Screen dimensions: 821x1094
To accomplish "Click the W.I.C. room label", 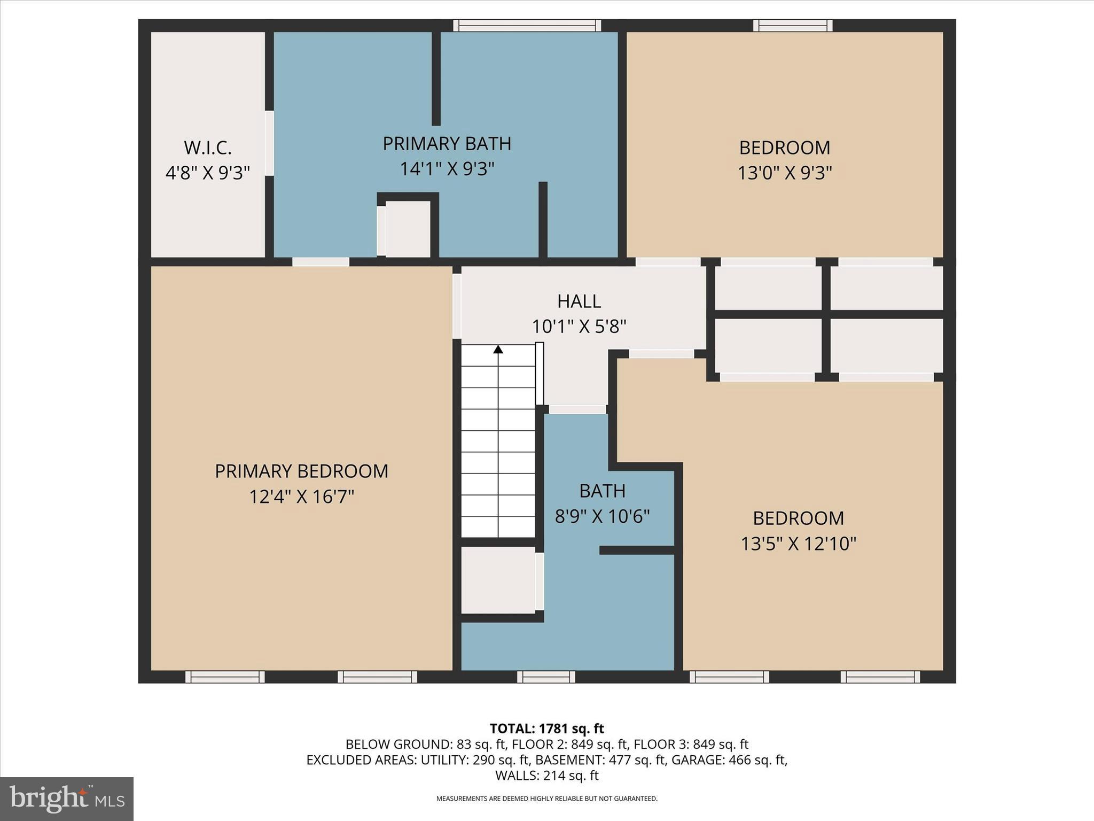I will [207, 148].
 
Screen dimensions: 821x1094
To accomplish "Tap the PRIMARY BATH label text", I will [447, 144].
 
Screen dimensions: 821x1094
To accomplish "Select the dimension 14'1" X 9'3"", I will [447, 169].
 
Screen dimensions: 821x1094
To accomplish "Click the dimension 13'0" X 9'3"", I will [784, 173].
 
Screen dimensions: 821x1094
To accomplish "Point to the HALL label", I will [579, 301].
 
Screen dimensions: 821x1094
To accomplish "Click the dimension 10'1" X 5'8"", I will [579, 327].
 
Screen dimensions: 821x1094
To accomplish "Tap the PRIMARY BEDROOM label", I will [301, 471].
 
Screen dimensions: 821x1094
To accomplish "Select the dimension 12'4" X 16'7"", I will [301, 497].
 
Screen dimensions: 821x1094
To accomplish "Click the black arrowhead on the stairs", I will [498, 350].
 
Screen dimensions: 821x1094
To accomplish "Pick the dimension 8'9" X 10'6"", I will [602, 516].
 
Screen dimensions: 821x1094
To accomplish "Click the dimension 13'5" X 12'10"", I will [798, 544].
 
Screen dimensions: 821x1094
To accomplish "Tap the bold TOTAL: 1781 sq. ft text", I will [546, 729].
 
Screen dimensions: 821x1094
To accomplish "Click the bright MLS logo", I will [67, 799].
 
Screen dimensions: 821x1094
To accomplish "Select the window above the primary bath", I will [527, 26].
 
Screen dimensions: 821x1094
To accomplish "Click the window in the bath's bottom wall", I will [545, 677].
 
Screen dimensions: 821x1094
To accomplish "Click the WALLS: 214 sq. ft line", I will [546, 775].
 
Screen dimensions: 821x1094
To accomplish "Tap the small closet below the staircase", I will [498, 580].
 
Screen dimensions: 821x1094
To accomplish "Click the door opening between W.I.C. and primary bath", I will [270, 143].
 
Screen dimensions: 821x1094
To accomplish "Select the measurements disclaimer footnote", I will [546, 799].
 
